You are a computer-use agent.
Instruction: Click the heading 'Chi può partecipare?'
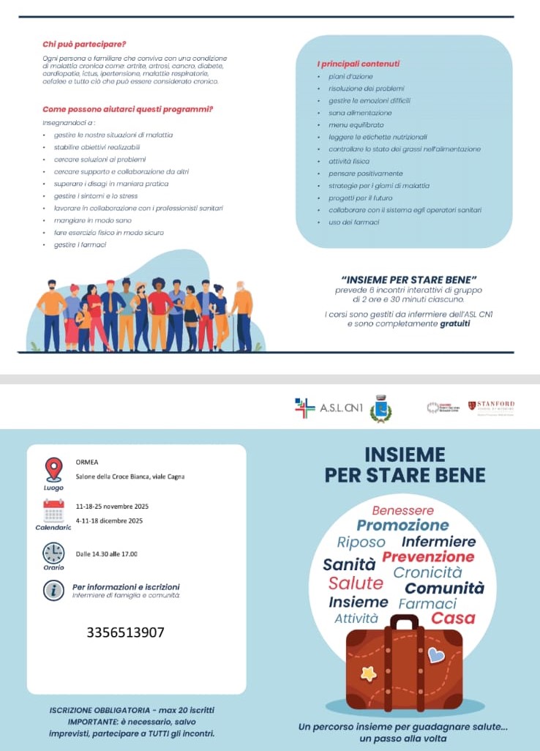85,44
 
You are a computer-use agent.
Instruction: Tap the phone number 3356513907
125,632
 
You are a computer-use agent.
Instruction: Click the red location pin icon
53,468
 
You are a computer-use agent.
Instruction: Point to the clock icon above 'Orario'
53,553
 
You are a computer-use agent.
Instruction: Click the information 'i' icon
53,590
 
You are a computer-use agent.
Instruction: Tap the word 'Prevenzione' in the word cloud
428,557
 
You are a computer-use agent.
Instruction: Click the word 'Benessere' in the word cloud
402,510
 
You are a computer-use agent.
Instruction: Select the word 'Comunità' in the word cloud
444,589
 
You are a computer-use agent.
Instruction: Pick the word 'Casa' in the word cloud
453,619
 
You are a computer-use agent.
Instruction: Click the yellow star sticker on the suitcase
369,673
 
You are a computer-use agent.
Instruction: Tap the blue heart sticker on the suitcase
436,654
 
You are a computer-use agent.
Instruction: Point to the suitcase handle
404,622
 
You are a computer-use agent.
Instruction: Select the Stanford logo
491,406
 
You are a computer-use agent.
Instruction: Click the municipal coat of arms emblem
380,408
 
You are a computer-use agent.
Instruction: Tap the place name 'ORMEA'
86,463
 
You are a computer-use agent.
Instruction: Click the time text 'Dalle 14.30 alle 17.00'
107,553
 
